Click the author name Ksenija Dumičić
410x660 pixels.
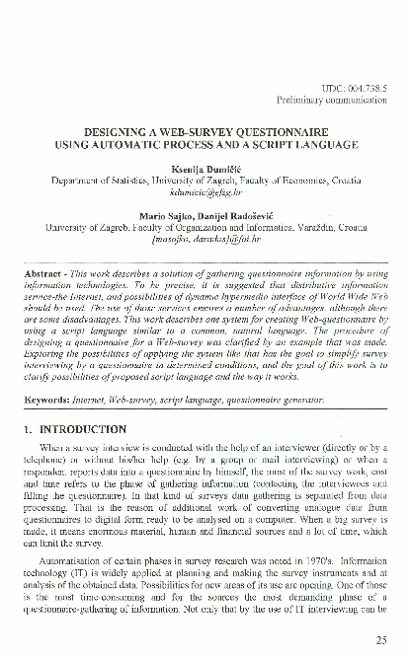(x=205, y=169)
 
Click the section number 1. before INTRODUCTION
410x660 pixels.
(x=30, y=430)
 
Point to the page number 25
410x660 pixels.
(x=381, y=640)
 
